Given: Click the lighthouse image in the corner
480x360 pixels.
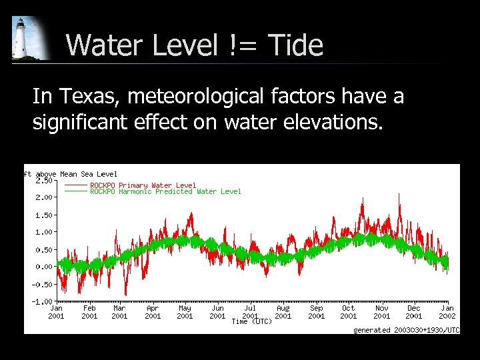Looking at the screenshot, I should (x=29, y=38).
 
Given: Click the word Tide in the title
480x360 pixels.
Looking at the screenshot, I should (x=295, y=46).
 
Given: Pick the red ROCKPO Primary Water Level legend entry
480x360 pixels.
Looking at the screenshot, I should (x=143, y=185).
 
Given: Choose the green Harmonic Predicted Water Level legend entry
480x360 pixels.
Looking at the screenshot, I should (x=165, y=192).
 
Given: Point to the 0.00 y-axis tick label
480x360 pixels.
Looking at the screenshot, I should (x=45, y=267).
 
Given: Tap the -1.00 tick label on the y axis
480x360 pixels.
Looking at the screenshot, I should (x=43, y=301).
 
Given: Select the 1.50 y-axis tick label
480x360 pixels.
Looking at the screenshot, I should (x=45, y=215).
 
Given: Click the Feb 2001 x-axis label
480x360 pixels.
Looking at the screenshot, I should (x=89, y=312).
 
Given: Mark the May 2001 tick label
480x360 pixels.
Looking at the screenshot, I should (x=185, y=312).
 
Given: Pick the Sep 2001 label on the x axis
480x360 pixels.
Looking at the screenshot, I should (x=316, y=312).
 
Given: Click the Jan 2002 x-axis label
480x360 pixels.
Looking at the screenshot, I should (x=447, y=312).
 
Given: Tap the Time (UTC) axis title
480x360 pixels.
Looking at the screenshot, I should (x=251, y=322).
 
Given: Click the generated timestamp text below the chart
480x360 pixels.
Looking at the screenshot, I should (x=406, y=330).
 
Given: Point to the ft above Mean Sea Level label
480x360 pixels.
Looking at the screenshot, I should (x=70, y=174).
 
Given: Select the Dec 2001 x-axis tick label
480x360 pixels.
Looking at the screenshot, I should (x=414, y=312).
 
